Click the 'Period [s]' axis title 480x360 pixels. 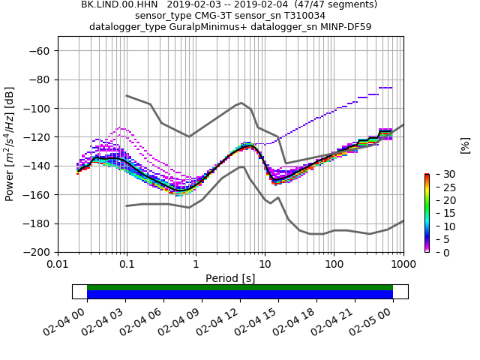pos(230,277)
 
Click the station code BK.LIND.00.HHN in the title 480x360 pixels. pos(116,4)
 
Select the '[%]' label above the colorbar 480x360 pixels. pos(465,145)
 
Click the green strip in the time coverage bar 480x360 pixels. pos(240,287)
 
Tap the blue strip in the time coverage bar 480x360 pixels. pos(240,295)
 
